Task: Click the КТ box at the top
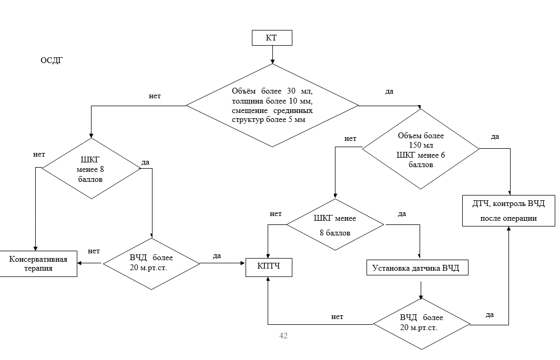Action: click(272, 38)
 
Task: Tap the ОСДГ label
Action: click(52, 60)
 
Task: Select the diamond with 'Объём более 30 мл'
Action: click(272, 105)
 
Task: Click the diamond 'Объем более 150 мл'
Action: click(421, 149)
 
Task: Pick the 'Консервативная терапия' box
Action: click(39, 263)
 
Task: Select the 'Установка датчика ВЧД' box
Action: click(416, 268)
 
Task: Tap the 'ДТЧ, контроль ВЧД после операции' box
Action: click(508, 211)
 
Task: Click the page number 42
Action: click(283, 336)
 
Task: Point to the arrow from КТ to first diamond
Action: click(272, 55)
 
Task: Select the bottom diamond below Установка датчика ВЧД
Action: click(421, 324)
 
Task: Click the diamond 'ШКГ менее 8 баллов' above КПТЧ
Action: click(335, 225)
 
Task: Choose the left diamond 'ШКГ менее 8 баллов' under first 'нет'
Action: click(91, 169)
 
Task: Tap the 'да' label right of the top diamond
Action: click(389, 91)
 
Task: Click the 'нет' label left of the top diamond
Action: click(155, 96)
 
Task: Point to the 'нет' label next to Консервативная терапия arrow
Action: click(94, 251)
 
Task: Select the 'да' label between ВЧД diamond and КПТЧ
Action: click(217, 256)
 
